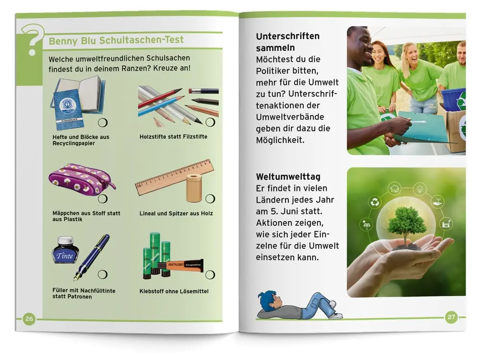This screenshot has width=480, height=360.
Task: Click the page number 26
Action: coord(29,319)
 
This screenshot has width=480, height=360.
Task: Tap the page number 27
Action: coord(451,317)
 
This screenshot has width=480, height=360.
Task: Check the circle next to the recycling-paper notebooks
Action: coord(103,123)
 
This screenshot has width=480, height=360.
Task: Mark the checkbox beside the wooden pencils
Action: coord(210,122)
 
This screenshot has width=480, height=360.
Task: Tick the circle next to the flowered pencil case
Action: coord(103,199)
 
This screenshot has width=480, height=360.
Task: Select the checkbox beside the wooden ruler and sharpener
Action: coord(210,199)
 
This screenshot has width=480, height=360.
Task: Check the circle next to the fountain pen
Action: coord(103,274)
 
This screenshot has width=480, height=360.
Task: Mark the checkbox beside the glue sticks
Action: coord(210,275)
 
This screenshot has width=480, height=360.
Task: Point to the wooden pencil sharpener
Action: coord(193,188)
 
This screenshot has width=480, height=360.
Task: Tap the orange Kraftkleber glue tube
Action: coord(184,266)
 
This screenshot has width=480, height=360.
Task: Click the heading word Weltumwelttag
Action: coord(288,177)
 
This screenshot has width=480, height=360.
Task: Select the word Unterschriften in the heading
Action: coord(288,36)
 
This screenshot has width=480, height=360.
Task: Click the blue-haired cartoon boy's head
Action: coord(269,301)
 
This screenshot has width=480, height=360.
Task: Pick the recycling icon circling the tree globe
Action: coord(375,203)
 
